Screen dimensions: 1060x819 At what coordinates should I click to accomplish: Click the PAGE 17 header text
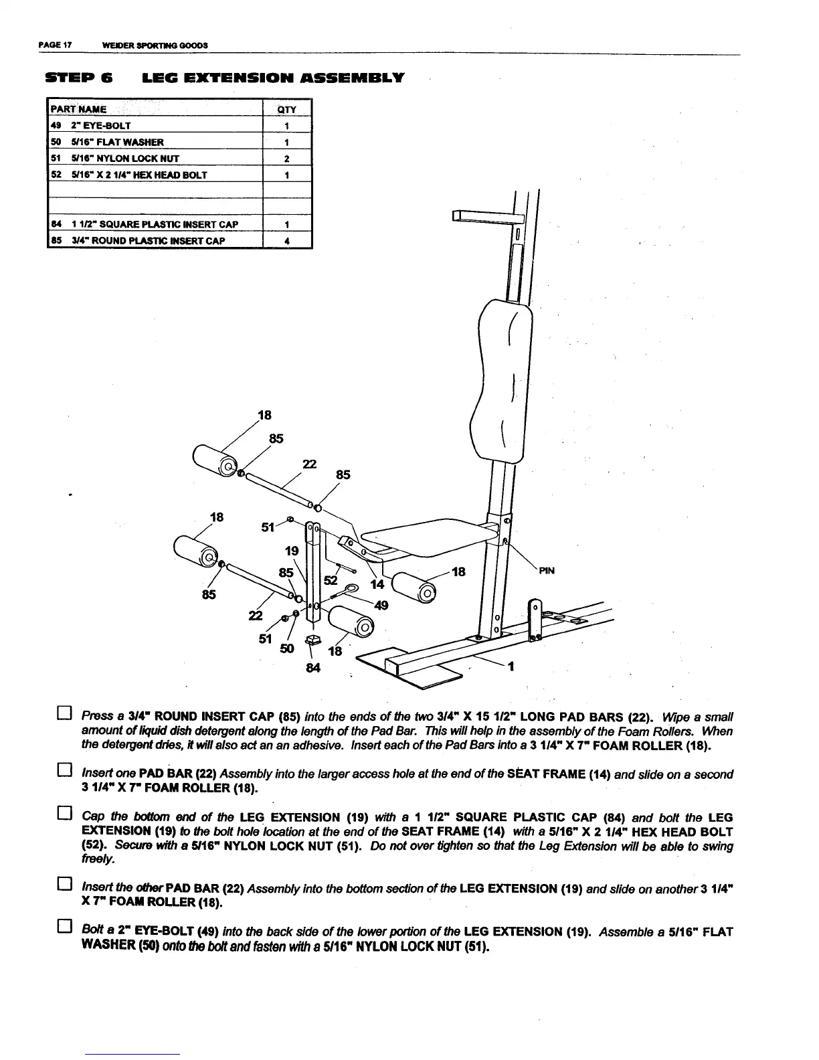(x=54, y=46)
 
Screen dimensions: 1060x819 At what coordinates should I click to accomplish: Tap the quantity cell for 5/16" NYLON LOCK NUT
(x=286, y=159)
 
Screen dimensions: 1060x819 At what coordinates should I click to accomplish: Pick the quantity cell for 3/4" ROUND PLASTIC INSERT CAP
(x=286, y=240)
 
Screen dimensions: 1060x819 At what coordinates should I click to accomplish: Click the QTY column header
(x=286, y=109)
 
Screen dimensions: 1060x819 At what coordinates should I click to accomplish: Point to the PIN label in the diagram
(x=547, y=571)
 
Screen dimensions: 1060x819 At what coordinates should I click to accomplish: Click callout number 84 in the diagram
(x=312, y=667)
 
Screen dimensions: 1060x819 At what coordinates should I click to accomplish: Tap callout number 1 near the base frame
(x=511, y=667)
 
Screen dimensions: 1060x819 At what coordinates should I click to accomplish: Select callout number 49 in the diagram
(x=381, y=606)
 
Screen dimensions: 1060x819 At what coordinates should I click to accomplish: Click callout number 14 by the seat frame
(x=377, y=584)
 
